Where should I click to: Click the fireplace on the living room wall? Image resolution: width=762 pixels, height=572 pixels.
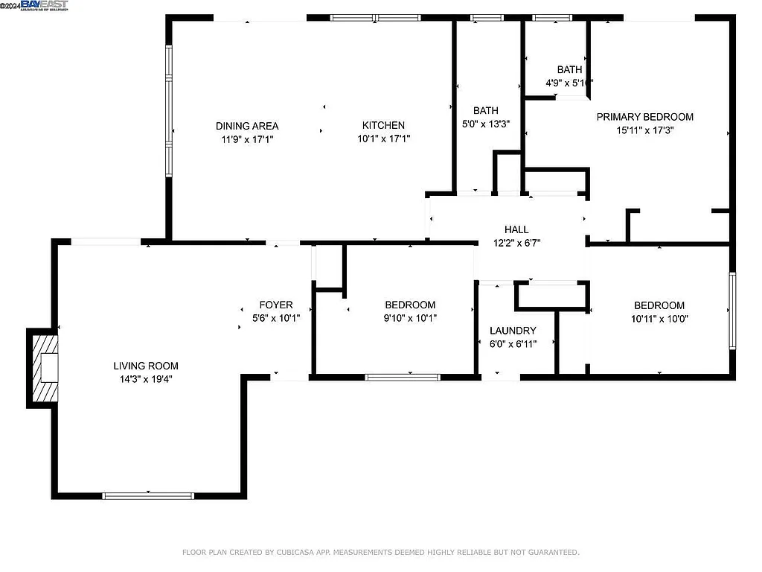(x=42, y=368)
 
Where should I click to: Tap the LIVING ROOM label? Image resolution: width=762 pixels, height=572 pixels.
(x=146, y=366)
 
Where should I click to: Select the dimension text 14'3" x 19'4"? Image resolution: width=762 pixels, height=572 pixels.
(x=146, y=379)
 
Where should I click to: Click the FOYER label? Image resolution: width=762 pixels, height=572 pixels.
(x=275, y=305)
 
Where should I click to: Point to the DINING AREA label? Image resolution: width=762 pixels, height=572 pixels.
(x=247, y=125)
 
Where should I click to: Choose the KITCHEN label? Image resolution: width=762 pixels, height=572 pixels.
(x=383, y=125)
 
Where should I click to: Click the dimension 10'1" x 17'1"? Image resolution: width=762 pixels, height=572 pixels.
(x=383, y=139)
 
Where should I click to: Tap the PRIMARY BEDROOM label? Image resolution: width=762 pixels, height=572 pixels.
(x=644, y=117)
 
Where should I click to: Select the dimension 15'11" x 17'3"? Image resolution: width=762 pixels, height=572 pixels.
(x=644, y=130)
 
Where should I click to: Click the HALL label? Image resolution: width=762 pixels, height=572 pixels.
(x=516, y=230)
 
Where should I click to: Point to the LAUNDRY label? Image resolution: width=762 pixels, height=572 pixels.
(x=513, y=331)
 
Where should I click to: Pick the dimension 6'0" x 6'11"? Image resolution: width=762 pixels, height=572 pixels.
(x=513, y=344)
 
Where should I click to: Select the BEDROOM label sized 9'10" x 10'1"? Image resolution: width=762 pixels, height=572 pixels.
(x=410, y=305)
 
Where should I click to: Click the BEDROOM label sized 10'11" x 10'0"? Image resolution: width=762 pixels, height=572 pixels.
(x=659, y=305)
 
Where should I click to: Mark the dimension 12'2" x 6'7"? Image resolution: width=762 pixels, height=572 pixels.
(x=516, y=243)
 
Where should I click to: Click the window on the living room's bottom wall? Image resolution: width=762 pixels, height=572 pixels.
(x=148, y=495)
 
